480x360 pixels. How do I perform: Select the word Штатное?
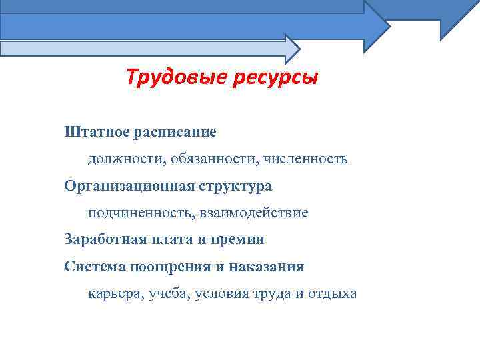97,131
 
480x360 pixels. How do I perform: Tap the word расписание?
175,131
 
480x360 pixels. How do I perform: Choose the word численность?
305,159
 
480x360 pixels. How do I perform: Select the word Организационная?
128,186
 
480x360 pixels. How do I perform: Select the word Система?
94,267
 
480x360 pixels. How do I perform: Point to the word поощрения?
168,267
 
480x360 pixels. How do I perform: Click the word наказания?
267,267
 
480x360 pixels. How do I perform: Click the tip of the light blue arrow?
300,49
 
